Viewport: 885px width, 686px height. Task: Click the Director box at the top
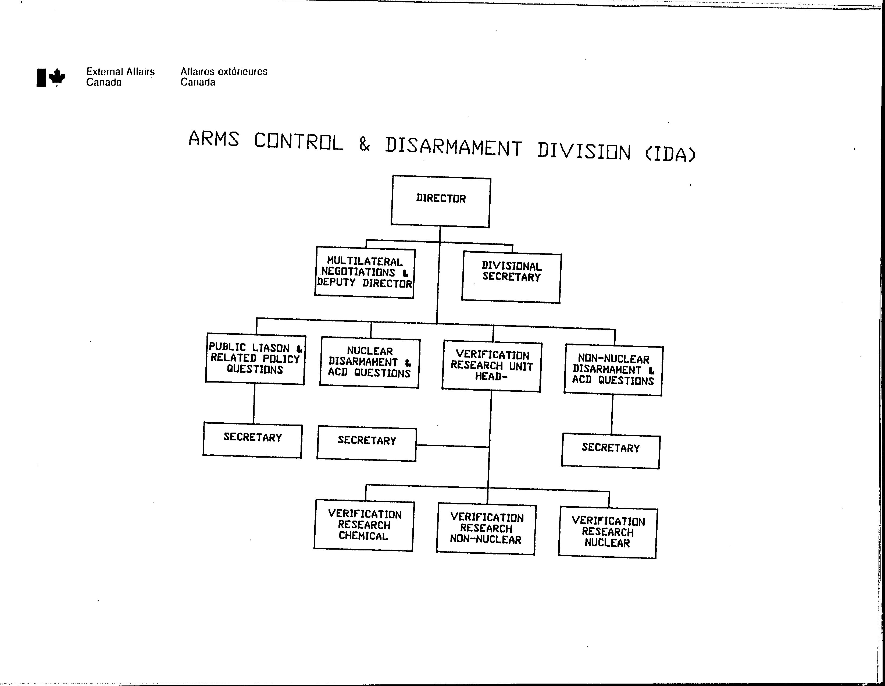coord(441,201)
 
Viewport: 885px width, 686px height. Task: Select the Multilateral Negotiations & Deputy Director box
coord(365,273)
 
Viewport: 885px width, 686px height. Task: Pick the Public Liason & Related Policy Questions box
coord(255,359)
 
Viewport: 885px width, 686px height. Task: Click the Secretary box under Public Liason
coord(252,440)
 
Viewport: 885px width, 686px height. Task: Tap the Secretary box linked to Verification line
coord(367,444)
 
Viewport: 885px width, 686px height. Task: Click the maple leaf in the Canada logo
coord(57,77)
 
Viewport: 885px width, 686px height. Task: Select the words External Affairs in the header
coord(120,72)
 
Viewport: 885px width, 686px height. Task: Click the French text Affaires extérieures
coord(224,72)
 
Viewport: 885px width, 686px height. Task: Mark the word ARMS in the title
coord(213,138)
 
